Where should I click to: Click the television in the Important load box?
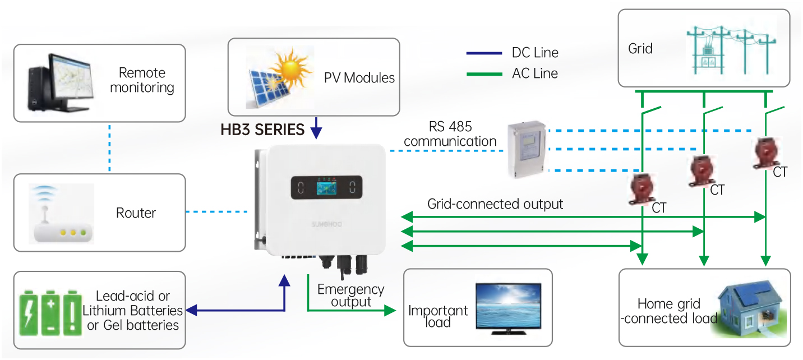tap(509, 308)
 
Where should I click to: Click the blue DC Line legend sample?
tap(484, 53)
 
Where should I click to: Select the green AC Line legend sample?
tap(484, 73)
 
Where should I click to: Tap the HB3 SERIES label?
tap(262, 130)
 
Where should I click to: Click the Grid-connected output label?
tap(495, 204)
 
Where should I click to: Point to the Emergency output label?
tap(350, 296)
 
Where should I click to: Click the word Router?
tap(136, 213)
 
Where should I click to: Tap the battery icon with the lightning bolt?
tap(30, 313)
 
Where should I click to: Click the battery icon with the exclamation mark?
tap(72, 313)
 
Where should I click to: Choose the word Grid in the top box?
tap(640, 49)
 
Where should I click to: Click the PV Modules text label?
tap(359, 77)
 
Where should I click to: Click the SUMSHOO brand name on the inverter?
tap(326, 224)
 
